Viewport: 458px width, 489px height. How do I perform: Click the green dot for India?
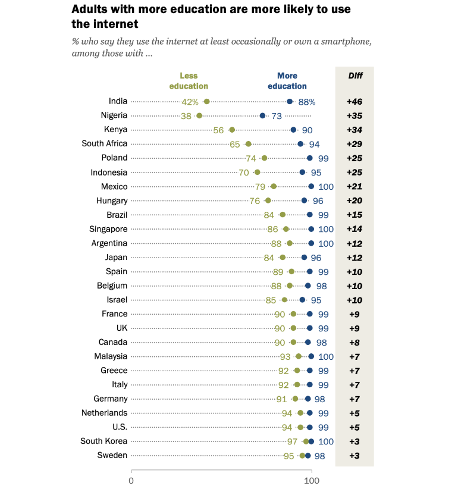pyautogui.click(x=206, y=102)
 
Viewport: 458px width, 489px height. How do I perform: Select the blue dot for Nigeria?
pyautogui.click(x=262, y=115)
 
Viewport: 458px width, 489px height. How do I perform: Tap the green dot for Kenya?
pyautogui.click(x=231, y=130)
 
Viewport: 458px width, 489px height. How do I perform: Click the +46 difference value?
pyautogui.click(x=355, y=102)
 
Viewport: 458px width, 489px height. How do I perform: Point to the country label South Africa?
pyautogui.click(x=105, y=143)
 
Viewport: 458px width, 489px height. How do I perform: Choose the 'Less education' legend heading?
pyautogui.click(x=189, y=81)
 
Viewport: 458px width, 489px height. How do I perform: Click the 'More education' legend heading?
pyautogui.click(x=287, y=81)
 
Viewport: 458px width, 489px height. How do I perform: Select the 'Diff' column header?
pyautogui.click(x=355, y=76)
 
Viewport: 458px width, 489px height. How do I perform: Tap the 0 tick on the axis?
pyautogui.click(x=131, y=480)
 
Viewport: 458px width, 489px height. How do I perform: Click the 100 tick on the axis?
pyautogui.click(x=311, y=480)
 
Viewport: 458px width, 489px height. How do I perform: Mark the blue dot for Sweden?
pyautogui.click(x=308, y=456)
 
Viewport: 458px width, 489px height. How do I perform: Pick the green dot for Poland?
pyautogui.click(x=264, y=158)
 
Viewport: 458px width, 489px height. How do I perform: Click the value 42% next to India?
pyautogui.click(x=190, y=102)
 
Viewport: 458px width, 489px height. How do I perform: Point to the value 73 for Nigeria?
pyautogui.click(x=277, y=116)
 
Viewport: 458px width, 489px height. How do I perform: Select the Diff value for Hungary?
pyautogui.click(x=355, y=200)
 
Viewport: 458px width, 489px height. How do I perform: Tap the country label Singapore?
pyautogui.click(x=109, y=228)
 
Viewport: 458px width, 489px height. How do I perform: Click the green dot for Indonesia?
pyautogui.click(x=257, y=173)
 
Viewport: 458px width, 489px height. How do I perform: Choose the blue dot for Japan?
pyautogui.click(x=304, y=258)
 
